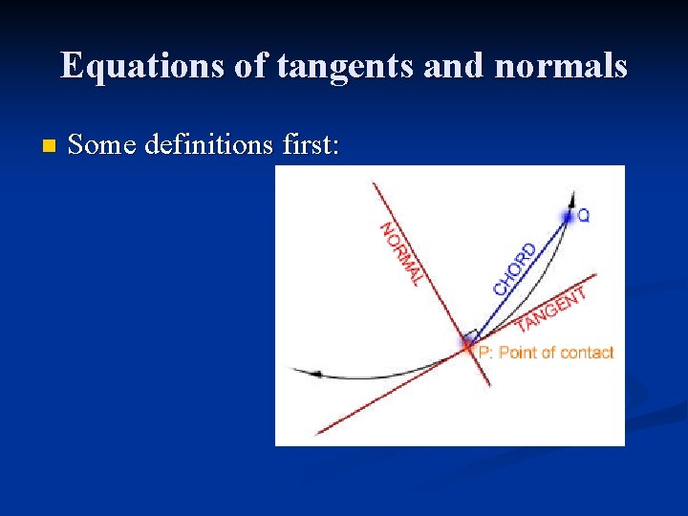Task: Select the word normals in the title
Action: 564,66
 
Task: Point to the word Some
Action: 102,144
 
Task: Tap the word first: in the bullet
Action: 312,144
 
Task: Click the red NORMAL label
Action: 400,253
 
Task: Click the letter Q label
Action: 584,217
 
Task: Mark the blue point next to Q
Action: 570,217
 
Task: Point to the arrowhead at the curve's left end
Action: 301,372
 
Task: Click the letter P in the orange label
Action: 484,353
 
